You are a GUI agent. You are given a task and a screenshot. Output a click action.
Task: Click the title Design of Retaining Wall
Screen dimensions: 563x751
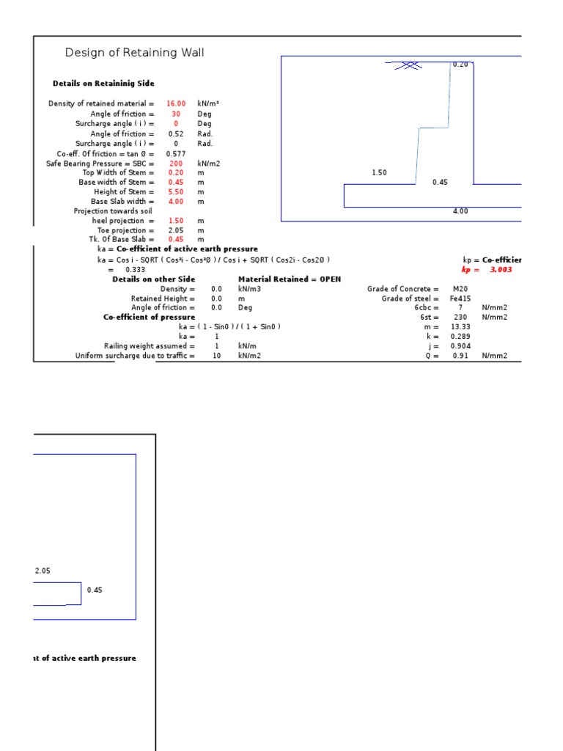[x=135, y=53]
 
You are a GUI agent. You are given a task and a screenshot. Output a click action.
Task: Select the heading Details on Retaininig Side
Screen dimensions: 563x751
[x=103, y=84]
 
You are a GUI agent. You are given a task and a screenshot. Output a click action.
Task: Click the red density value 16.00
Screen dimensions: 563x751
[x=176, y=104]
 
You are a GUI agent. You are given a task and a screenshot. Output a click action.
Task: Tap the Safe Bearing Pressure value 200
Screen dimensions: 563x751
[x=176, y=164]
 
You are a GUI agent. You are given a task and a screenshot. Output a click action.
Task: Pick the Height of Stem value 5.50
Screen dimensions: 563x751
[x=176, y=191]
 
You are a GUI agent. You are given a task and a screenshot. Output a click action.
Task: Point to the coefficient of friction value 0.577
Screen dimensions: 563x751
[x=176, y=154]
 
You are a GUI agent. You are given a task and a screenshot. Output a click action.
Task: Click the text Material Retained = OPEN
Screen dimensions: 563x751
[x=290, y=279]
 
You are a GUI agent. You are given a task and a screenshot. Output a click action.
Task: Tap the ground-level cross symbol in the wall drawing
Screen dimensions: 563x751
[x=409, y=65]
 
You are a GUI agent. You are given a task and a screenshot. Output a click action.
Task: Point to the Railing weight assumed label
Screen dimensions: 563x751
[x=150, y=346]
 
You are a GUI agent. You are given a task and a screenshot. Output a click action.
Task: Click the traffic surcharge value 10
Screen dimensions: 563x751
[x=216, y=356]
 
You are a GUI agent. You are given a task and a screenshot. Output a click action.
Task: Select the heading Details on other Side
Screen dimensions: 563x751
[x=154, y=279]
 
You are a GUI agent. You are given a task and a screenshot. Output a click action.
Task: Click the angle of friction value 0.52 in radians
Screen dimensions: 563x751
[x=176, y=134]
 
